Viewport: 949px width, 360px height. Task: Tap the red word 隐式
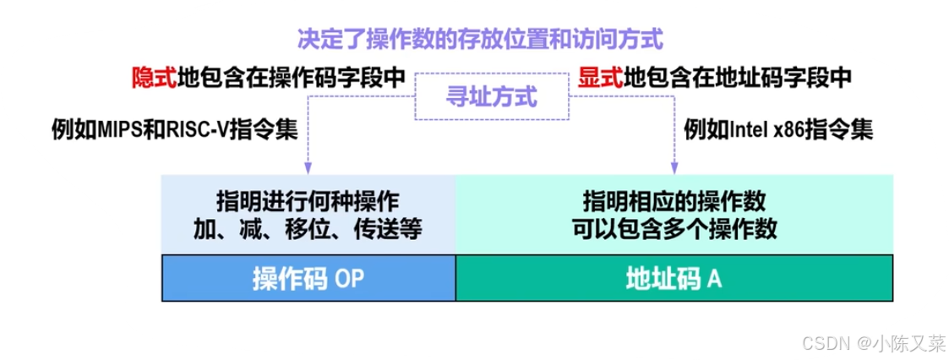(153, 78)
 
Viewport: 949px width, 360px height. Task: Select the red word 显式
(600, 78)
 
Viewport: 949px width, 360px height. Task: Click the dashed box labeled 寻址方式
(491, 96)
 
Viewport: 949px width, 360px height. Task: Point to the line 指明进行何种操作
(308, 203)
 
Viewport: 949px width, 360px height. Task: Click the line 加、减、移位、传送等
(308, 229)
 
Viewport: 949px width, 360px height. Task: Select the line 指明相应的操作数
(674, 203)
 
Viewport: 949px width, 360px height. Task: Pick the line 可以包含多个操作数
(674, 229)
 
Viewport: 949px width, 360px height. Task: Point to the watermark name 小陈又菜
(908, 343)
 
